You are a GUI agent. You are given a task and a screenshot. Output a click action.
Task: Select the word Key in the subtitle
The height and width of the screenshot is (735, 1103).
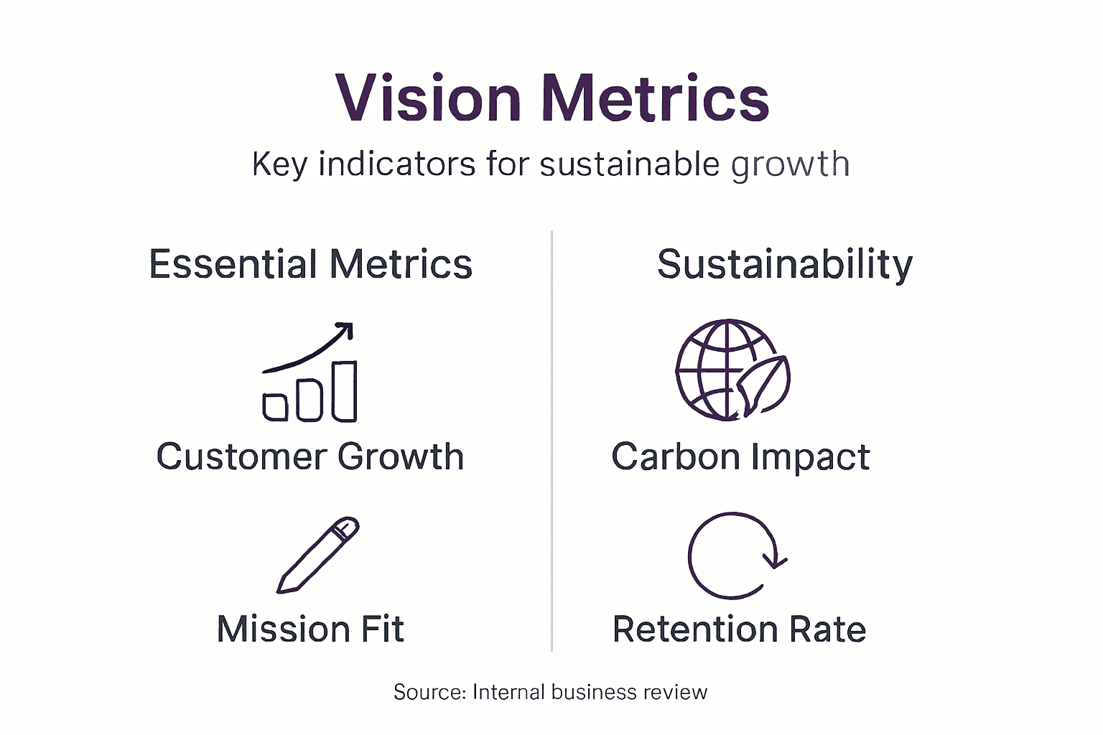[279, 164]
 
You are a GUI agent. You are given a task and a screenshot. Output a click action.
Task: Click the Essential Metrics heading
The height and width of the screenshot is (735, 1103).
[310, 264]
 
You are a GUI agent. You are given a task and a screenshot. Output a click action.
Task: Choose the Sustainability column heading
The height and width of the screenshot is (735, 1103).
[785, 264]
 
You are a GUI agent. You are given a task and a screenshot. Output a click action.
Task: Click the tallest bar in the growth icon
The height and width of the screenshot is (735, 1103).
[344, 391]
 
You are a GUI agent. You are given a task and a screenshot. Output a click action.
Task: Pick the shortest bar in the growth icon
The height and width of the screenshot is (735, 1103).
[275, 406]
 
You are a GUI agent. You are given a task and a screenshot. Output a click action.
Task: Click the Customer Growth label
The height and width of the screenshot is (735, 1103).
[310, 457]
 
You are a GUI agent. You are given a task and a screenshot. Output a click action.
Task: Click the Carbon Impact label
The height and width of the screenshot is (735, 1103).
[740, 457]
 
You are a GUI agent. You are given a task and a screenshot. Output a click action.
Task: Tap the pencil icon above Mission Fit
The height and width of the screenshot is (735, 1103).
[318, 555]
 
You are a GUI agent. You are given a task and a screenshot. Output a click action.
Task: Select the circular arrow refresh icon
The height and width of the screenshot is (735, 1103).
[732, 556]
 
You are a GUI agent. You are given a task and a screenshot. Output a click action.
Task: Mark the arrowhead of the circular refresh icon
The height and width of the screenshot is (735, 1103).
[776, 560]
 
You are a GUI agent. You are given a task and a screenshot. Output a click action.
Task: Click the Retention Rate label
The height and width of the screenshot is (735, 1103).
[739, 629]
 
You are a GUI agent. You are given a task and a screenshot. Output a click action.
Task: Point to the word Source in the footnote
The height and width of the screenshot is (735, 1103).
[429, 692]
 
